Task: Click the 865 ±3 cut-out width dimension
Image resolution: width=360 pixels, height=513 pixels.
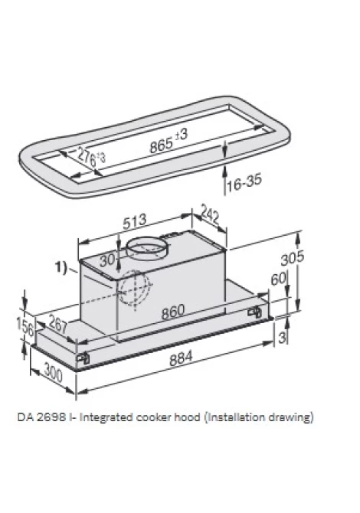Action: coord(169,141)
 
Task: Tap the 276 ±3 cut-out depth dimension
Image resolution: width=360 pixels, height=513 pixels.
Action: coord(91,158)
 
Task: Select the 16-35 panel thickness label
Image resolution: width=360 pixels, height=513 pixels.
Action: coord(244,183)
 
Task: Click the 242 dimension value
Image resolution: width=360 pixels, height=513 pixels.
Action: coord(210,214)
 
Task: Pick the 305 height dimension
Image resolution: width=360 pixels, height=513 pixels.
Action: coord(293,258)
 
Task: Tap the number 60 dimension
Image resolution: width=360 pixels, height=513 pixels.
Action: coord(279,279)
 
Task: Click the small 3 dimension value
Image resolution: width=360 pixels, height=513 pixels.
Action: coord(282,337)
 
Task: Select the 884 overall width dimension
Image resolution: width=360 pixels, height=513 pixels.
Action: coord(181,358)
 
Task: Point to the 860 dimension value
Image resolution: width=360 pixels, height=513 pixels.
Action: coord(173,312)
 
